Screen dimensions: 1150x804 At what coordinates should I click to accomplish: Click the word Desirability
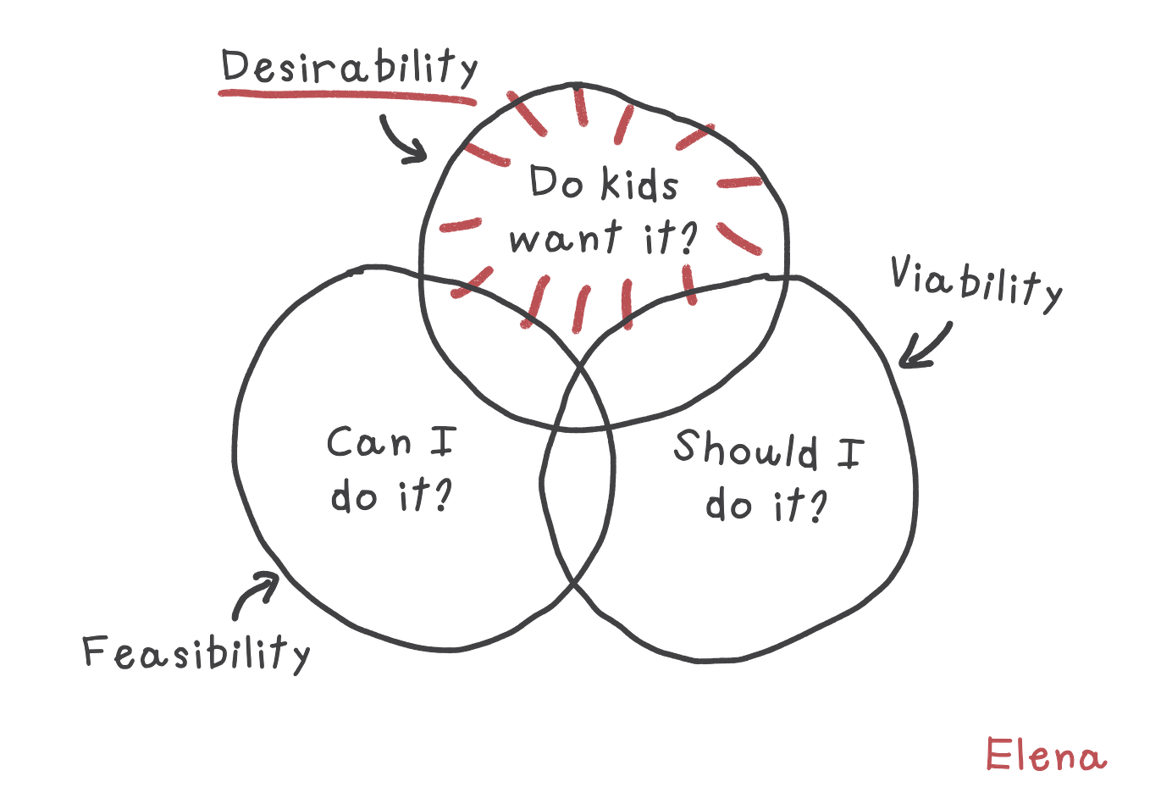[x=349, y=67]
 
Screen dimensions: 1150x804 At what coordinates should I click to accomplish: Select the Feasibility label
[x=196, y=653]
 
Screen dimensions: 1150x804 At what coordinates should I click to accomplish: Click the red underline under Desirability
[x=347, y=96]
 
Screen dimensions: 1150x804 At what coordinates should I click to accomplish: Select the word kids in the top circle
[x=639, y=183]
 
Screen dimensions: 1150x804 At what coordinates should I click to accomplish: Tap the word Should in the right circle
[x=745, y=449]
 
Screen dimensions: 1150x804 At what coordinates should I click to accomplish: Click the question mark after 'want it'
[x=687, y=238]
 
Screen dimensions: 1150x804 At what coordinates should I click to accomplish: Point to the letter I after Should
[x=851, y=453]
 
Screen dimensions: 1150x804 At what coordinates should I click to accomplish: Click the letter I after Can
[x=443, y=441]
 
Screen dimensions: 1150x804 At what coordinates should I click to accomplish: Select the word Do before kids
[x=556, y=182]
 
